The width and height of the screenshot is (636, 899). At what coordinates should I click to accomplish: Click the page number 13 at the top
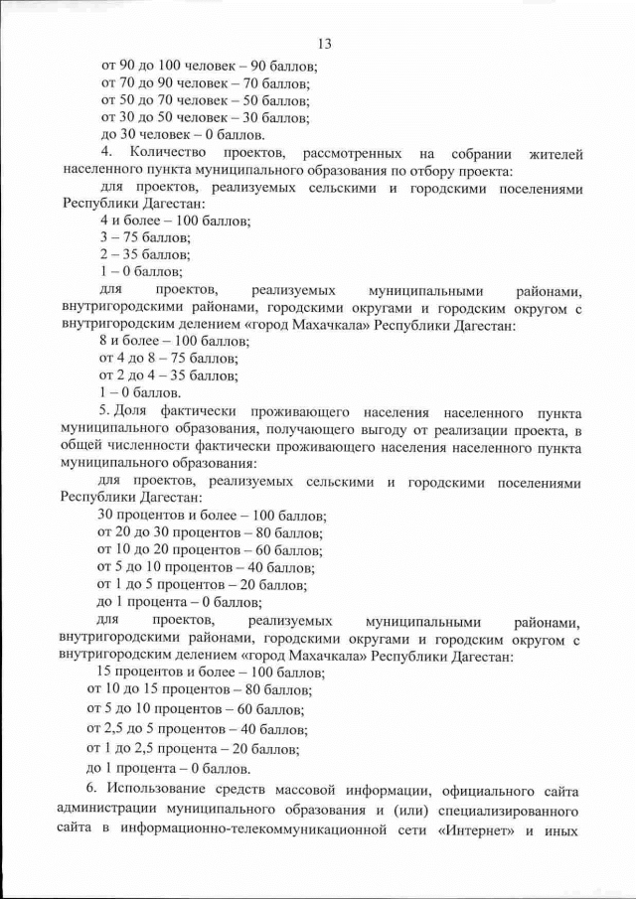point(323,44)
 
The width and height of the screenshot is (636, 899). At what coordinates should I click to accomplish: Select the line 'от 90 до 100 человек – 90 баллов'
point(209,67)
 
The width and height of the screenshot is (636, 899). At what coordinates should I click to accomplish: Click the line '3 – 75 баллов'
point(146,237)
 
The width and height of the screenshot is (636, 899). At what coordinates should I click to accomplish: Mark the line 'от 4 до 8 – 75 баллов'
point(169,358)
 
